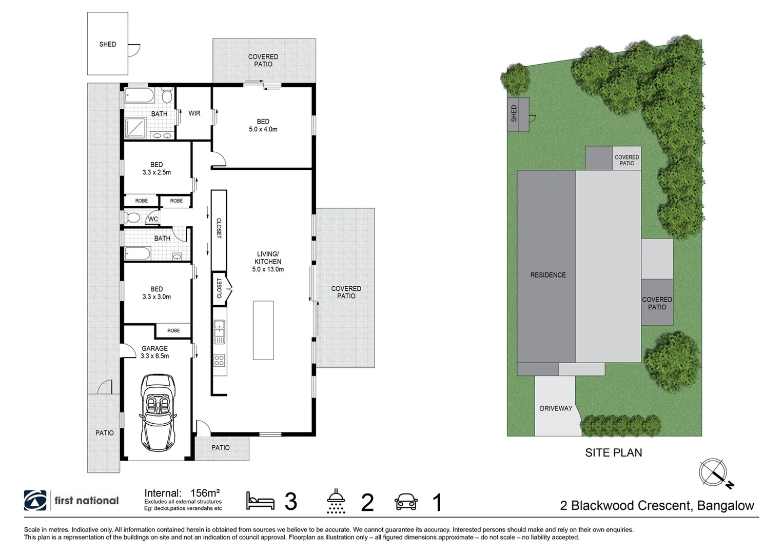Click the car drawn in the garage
coord(158,412)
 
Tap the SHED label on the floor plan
coord(108,44)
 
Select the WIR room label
coord(194,113)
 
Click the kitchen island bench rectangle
coord(263,330)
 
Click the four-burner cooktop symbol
coord(219,360)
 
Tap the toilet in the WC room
coord(132,218)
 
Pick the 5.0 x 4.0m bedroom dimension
coord(263,129)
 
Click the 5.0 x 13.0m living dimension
coord(268,269)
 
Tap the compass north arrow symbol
coord(714,472)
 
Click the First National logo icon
coord(35,501)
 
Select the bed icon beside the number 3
coord(260,501)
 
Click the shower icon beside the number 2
coord(336,501)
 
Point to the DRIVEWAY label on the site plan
coord(556,408)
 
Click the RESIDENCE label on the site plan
coord(548,275)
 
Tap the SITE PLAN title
coord(614,452)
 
